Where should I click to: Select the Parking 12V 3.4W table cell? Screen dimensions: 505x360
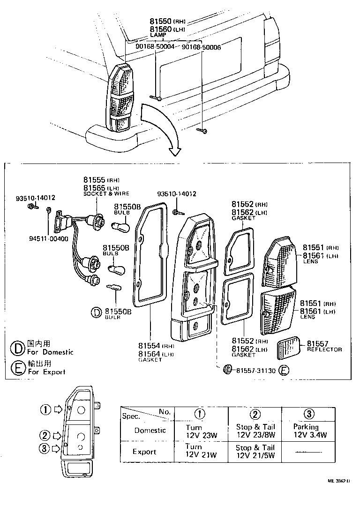pyautogui.click(x=308, y=431)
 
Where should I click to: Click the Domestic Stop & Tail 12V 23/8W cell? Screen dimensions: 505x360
pyautogui.click(x=255, y=431)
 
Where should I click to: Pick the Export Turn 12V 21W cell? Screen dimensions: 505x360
pyautogui.click(x=201, y=451)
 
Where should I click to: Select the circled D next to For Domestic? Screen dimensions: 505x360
pyautogui.click(x=18, y=348)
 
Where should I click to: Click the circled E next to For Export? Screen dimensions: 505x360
pyautogui.click(x=18, y=368)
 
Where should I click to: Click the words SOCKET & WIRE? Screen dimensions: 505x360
pyautogui.click(x=106, y=193)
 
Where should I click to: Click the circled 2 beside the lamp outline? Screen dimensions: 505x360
pyautogui.click(x=45, y=435)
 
